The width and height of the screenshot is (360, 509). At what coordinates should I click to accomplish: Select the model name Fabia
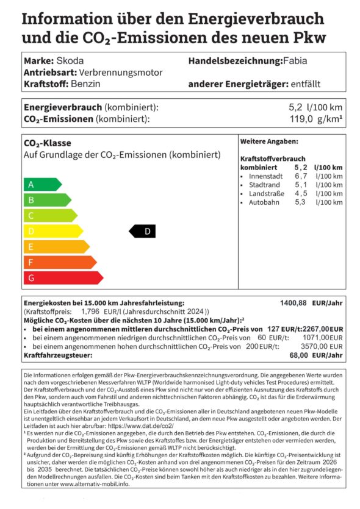298,61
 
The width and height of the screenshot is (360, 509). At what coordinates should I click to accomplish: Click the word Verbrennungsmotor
121,73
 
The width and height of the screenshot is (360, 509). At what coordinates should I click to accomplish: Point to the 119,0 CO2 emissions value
301,119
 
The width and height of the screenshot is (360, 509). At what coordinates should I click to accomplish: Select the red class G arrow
62,278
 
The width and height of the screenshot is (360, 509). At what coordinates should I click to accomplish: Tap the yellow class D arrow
52,231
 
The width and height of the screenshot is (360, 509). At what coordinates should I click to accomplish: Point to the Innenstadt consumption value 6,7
300,176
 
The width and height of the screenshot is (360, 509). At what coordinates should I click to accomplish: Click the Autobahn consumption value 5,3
300,202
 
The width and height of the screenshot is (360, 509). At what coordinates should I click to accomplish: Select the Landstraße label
266,193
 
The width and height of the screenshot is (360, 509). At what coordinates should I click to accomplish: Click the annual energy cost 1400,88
293,303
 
